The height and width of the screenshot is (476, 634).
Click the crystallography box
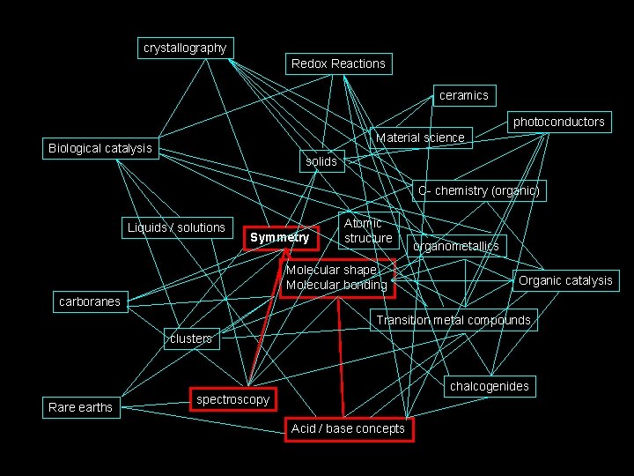(185, 48)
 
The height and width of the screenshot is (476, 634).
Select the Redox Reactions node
(338, 63)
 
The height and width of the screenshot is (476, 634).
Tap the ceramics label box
(463, 95)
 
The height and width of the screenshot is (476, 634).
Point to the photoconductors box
(559, 122)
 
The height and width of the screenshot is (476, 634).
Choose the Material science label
(420, 138)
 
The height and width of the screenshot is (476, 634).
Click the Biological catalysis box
(100, 148)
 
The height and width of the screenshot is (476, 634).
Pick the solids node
(321, 161)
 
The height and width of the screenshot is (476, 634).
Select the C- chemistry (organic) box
(478, 190)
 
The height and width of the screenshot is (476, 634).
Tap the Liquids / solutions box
(176, 227)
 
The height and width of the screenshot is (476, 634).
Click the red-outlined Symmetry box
(280, 237)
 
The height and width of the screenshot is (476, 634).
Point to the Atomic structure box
(368, 231)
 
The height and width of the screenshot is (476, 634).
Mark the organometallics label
(456, 246)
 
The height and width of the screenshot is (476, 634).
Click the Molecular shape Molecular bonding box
(337, 278)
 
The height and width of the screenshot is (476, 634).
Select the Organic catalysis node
(565, 281)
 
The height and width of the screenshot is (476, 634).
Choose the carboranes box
(89, 302)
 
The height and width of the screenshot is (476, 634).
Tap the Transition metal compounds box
(453, 320)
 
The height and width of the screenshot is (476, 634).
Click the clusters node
(191, 338)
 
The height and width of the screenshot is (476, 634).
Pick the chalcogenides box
(490, 386)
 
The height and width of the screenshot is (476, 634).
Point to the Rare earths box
(80, 407)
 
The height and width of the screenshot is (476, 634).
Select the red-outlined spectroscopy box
(232, 399)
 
